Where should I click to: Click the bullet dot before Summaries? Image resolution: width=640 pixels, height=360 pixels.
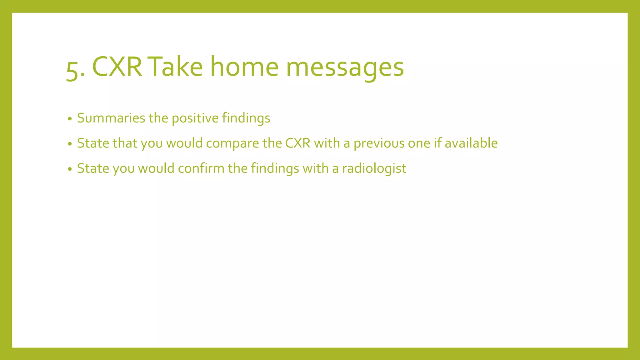[x=70, y=119]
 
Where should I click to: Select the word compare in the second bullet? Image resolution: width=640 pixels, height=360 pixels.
[x=232, y=144]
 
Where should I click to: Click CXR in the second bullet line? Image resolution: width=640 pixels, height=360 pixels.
[x=297, y=143]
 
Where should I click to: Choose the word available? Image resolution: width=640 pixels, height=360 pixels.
[x=471, y=143]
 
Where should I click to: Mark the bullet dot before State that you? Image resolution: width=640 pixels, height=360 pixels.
[x=70, y=144]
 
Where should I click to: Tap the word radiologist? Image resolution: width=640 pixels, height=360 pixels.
[x=374, y=169]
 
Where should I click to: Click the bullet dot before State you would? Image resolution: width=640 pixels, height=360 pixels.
[x=70, y=169]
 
